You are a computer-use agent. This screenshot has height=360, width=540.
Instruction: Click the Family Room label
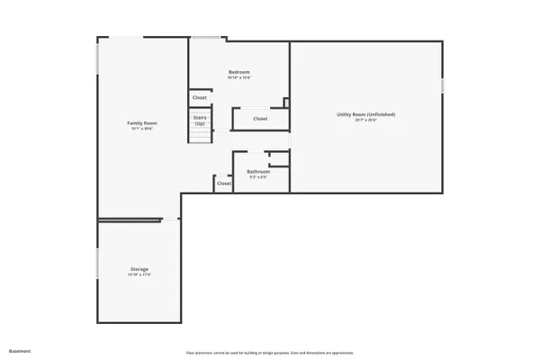(141, 122)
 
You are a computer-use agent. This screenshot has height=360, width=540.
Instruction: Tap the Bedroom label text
(238, 72)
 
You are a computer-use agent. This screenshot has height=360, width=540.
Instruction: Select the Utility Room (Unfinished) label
(366, 114)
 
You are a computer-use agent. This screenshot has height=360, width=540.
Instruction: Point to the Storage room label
(138, 269)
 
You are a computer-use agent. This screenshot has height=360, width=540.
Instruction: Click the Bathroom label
(258, 171)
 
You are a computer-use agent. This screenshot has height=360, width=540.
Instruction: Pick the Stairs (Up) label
(200, 120)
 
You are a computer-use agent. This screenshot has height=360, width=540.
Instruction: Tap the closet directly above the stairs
(200, 98)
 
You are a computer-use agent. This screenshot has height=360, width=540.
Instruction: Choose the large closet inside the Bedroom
(260, 119)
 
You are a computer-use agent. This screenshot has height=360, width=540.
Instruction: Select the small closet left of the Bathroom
(223, 183)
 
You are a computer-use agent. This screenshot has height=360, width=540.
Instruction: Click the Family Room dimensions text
(141, 129)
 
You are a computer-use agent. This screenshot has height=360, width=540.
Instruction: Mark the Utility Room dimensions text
(366, 121)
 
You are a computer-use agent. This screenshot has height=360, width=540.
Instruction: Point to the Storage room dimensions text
(138, 275)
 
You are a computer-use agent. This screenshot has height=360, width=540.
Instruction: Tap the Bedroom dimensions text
(238, 78)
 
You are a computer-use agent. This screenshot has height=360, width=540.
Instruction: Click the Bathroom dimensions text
(258, 177)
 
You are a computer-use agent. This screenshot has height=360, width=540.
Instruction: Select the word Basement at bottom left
(20, 351)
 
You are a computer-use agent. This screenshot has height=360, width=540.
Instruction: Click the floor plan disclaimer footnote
(270, 351)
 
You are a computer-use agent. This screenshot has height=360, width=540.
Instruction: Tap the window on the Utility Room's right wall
(444, 85)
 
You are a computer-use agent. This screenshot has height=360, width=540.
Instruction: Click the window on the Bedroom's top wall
(206, 38)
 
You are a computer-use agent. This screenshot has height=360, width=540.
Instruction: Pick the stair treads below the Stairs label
(200, 136)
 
